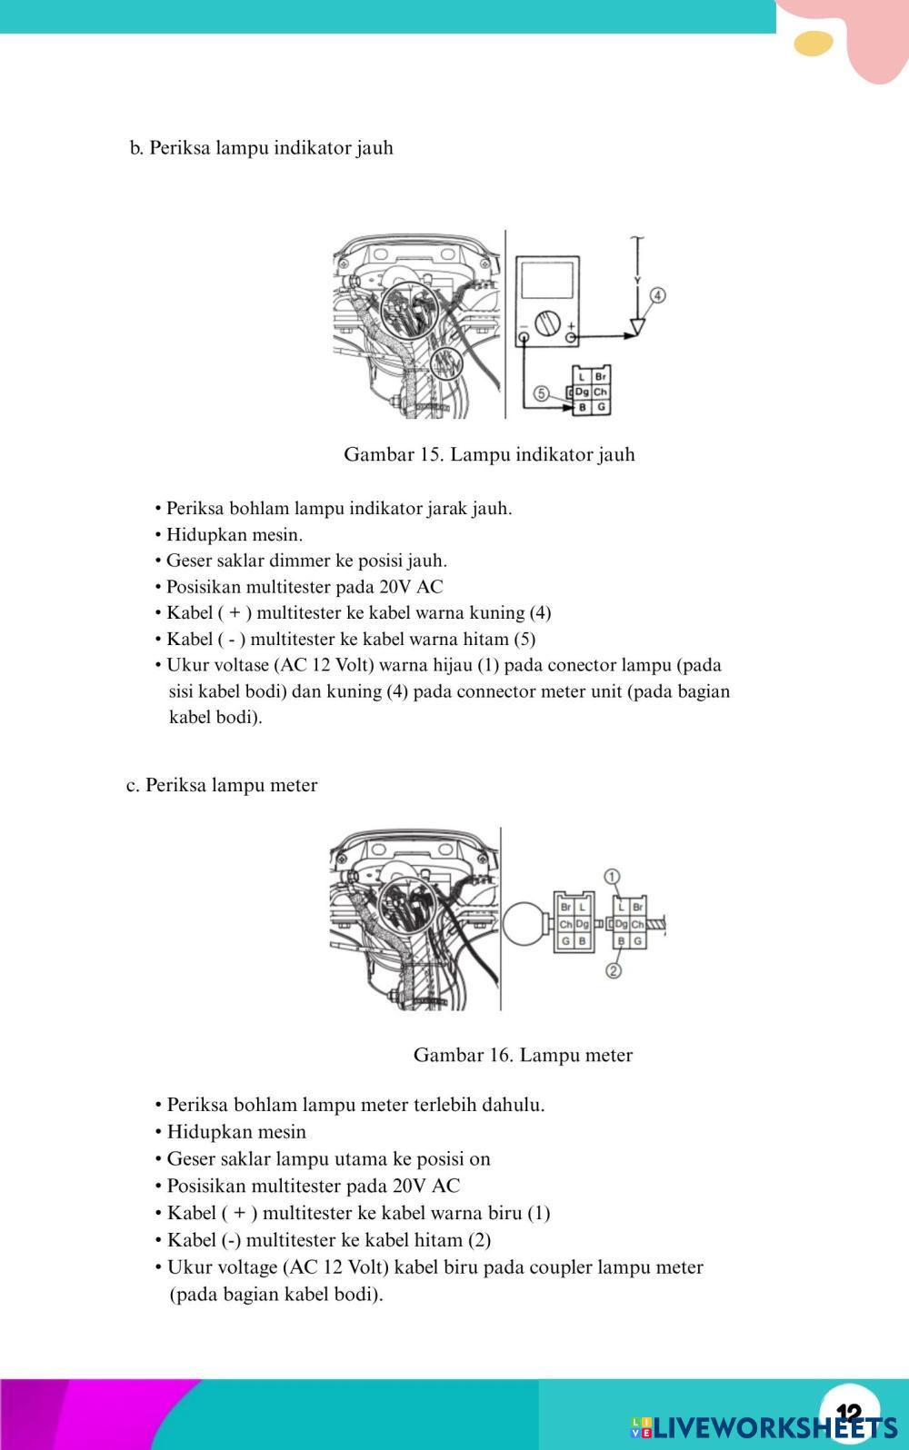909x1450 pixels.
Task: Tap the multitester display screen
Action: [x=544, y=282]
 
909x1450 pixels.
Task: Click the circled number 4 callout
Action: [x=657, y=295]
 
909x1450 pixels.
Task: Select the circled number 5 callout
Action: [x=541, y=393]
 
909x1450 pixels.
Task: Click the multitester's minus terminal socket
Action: [x=524, y=339]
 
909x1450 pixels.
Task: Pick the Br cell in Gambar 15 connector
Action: [x=600, y=376]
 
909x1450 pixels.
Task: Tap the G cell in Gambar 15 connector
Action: [x=600, y=408]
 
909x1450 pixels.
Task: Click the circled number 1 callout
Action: [x=613, y=877]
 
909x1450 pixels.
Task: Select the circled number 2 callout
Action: [x=614, y=970]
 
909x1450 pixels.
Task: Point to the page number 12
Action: [x=847, y=1413]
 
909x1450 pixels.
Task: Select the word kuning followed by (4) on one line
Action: [x=496, y=613]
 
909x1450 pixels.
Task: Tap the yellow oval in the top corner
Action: [x=813, y=43]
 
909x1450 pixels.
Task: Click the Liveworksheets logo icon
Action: [x=641, y=1426]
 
